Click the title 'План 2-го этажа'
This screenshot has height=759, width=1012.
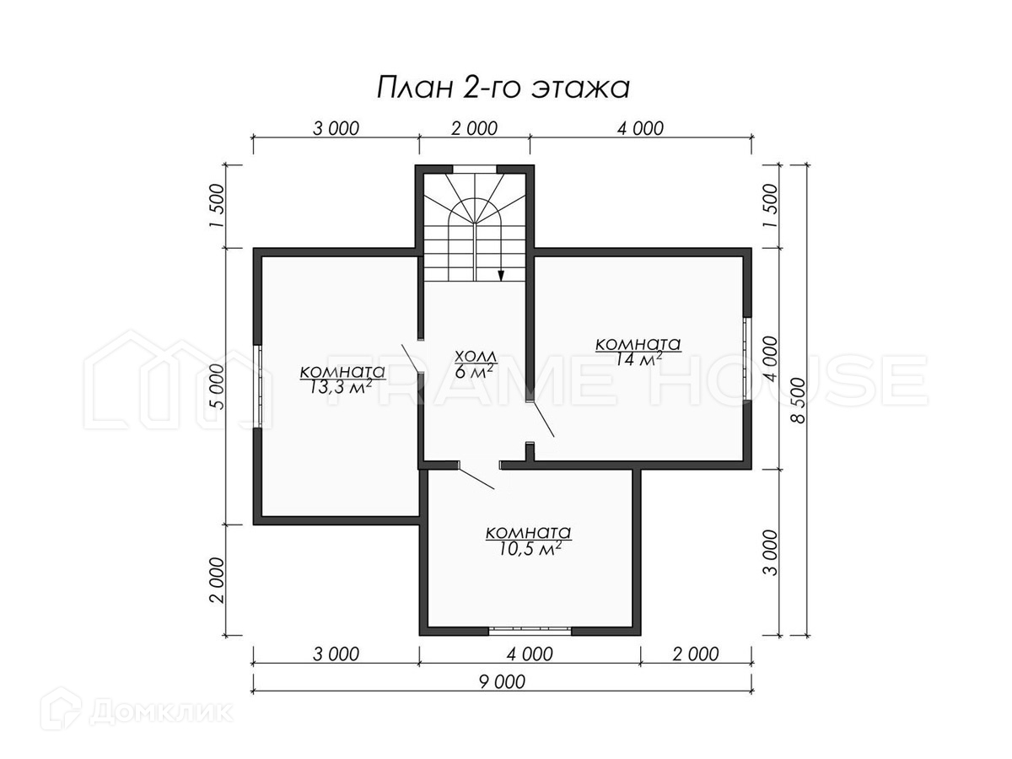coord(503,88)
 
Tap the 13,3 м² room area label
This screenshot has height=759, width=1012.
coord(342,379)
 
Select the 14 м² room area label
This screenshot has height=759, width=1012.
coord(638,352)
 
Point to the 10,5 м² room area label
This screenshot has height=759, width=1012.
coord(529,540)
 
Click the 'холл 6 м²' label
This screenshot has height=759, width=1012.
coord(476,364)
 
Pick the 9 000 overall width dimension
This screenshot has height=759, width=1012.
coord(502,681)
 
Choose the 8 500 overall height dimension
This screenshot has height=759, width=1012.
coord(799,400)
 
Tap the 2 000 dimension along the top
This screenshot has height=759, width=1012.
coord(475,128)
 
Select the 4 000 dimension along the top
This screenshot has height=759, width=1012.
coord(640,128)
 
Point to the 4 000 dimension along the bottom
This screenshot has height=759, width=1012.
coord(530,654)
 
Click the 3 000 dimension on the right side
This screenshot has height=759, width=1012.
coord(771,552)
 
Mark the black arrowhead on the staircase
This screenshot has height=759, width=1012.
coord(501,275)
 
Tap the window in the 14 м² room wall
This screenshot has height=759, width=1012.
coord(747,358)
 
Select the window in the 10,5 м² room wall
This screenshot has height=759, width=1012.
coord(530,631)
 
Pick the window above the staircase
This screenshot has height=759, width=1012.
coord(475,170)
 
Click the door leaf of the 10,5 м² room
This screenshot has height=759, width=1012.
coord(476,479)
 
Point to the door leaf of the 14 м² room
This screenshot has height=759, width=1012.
coord(542,419)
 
